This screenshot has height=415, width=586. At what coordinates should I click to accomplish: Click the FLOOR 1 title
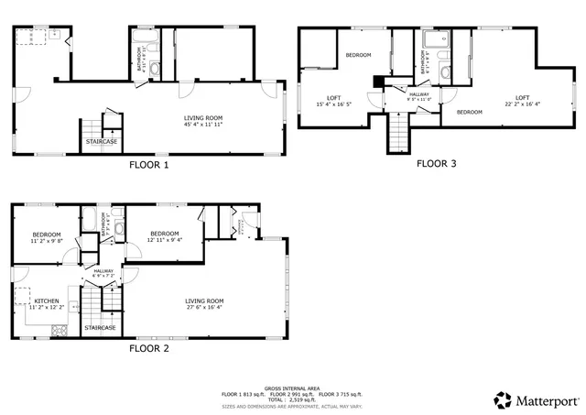pos(148,166)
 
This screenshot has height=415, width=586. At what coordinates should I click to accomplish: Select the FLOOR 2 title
pos(148,349)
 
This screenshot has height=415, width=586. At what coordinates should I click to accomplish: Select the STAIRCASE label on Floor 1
pos(101,142)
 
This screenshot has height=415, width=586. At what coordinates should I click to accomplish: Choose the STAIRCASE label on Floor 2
pos(100,327)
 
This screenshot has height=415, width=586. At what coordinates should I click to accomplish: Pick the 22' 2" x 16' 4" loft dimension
pos(522,104)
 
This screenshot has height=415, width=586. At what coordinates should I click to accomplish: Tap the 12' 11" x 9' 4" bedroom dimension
pos(164,240)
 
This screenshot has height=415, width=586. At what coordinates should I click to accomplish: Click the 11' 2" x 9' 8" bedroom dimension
pos(46,240)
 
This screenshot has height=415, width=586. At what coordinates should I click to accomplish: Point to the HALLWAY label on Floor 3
pos(419,94)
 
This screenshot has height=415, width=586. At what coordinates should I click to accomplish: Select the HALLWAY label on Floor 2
pos(103,271)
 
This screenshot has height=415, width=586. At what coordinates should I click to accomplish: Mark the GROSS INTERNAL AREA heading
pos(293,388)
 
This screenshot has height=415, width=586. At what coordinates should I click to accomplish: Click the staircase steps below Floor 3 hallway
pos(398,134)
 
